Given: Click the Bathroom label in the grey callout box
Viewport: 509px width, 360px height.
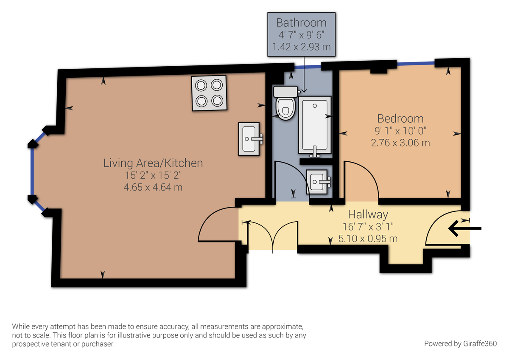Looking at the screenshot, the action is (301, 23).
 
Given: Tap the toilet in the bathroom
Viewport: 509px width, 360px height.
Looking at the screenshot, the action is (285, 103).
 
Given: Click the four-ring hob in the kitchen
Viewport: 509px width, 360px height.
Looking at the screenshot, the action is (209, 93).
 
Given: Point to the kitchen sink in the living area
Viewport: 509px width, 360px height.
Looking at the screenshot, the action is (249, 139).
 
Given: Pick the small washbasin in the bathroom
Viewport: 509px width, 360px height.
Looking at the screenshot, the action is (317, 182).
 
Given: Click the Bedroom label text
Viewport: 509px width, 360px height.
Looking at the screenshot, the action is (400, 119).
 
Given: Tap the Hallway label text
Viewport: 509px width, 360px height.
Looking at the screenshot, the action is (368, 215).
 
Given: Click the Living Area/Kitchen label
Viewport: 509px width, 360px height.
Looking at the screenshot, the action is (153, 163).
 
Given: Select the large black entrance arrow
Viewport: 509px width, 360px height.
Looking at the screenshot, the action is (465, 228).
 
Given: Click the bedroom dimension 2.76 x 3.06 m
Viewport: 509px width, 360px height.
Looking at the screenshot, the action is (400, 143).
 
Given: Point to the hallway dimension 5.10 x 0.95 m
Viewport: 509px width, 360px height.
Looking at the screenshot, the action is (368, 239).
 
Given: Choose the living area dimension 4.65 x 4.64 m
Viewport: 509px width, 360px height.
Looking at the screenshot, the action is (153, 187).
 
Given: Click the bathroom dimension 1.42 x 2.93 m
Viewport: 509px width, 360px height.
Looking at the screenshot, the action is (301, 47).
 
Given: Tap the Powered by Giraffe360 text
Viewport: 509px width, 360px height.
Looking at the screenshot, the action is (460, 343).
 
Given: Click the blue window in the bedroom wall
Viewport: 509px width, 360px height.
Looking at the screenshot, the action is (416, 64).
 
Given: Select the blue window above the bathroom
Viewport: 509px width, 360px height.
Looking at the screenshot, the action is (308, 67).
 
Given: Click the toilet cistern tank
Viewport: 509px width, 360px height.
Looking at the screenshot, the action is (285, 92).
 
